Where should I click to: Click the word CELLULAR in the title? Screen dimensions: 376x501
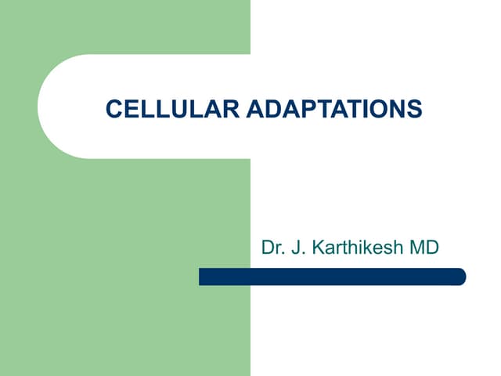tap(173, 109)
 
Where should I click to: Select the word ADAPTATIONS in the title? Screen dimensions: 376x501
tap(334, 109)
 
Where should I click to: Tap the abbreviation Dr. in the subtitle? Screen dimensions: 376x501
tap(272, 248)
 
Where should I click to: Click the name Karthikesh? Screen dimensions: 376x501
tap(356, 248)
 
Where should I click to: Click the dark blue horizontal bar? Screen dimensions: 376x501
tap(332, 277)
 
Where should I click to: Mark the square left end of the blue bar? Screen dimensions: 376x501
tap(202, 277)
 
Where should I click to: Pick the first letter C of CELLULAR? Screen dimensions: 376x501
tap(113, 109)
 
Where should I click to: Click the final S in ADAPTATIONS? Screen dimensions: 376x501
tap(415, 109)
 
